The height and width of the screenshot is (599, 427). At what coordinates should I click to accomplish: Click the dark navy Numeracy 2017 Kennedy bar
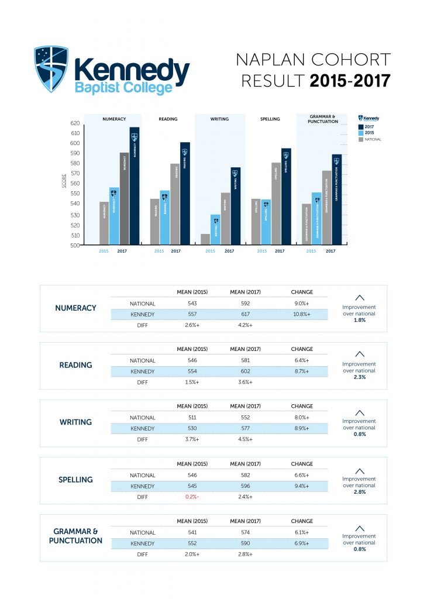[x=135, y=187]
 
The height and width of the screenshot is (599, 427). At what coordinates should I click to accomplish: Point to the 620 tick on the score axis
[x=74, y=123]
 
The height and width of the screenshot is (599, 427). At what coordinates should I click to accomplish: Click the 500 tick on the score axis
[x=74, y=246]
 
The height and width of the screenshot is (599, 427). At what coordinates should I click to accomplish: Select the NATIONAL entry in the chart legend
[x=373, y=139]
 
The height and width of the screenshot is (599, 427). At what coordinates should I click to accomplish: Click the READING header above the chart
[x=168, y=119]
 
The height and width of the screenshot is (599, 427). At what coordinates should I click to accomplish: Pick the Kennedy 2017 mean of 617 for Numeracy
[x=245, y=314]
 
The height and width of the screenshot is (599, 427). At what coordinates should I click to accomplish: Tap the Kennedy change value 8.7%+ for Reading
[x=302, y=371]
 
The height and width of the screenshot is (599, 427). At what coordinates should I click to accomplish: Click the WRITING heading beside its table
[x=75, y=422]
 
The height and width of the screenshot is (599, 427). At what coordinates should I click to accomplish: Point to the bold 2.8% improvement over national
[x=359, y=492]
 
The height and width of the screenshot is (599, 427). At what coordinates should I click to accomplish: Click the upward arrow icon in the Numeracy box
[x=359, y=297]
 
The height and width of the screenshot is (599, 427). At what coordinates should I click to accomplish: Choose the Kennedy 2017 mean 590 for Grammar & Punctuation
[x=245, y=543]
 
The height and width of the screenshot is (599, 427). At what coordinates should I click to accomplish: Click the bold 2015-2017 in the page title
[x=350, y=81]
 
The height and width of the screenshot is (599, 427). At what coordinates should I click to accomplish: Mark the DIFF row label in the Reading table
[x=143, y=382]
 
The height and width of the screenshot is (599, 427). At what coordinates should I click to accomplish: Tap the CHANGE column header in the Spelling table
[x=302, y=464]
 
